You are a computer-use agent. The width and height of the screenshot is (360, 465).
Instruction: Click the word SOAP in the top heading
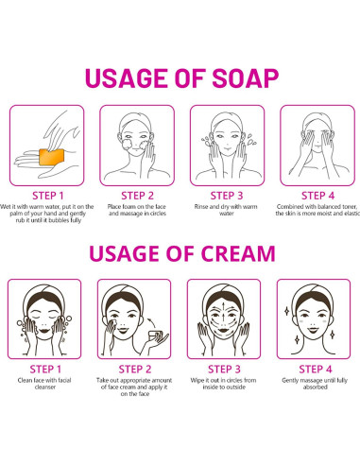[x=246, y=77]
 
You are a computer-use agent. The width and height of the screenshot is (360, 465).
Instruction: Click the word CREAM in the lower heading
[x=238, y=253]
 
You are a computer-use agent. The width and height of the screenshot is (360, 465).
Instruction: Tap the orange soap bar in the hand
[x=52, y=157]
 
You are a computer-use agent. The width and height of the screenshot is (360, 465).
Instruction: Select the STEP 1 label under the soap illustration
[x=48, y=196]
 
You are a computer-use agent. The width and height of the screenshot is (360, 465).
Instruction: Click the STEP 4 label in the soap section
[x=317, y=196]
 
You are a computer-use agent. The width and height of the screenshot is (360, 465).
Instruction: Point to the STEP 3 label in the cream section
[x=224, y=369]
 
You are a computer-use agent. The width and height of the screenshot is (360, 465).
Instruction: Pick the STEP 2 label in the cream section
[x=135, y=369]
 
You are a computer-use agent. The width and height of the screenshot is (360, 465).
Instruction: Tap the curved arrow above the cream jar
[x=153, y=322]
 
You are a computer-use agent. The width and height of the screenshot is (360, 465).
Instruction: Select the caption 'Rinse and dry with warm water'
[x=226, y=210]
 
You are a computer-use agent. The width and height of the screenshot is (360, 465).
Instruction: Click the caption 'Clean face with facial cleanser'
[x=44, y=384]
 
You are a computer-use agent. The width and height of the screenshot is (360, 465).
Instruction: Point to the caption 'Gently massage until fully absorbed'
[x=315, y=384]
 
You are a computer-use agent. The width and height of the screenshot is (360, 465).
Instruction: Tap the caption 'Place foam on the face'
[x=137, y=207]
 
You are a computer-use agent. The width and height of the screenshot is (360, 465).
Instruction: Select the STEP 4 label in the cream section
[x=316, y=369]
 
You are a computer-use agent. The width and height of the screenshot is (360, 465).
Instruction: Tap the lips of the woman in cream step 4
[x=313, y=330]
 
